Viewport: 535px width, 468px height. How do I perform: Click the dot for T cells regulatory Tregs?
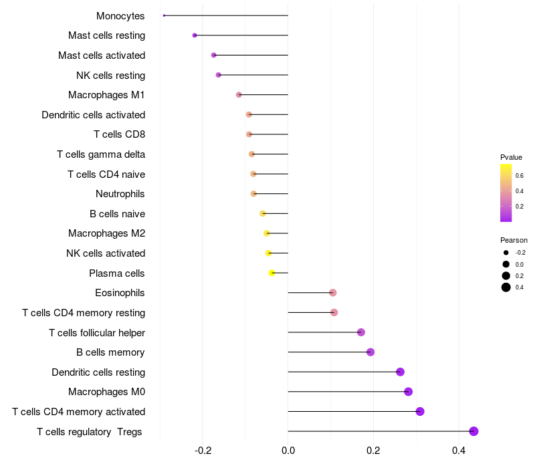point(473,431)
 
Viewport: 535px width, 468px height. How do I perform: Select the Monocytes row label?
point(120,15)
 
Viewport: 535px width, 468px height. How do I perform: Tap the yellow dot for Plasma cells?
point(272,273)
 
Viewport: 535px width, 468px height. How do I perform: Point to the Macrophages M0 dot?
point(408,392)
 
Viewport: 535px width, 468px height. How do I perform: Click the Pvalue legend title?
point(511,157)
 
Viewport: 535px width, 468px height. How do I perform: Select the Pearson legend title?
point(514,240)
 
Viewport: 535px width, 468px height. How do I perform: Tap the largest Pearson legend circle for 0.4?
point(506,287)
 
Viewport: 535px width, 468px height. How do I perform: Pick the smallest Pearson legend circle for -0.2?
point(506,253)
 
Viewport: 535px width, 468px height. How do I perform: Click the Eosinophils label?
point(120,293)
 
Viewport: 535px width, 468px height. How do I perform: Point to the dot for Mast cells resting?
point(195,35)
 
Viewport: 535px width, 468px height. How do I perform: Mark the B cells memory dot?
point(370,352)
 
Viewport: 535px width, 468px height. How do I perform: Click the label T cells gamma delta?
point(101,154)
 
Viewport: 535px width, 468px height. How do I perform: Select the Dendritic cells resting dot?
point(400,372)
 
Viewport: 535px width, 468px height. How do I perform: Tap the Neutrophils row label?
point(120,194)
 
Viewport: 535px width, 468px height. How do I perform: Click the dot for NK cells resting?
point(219,75)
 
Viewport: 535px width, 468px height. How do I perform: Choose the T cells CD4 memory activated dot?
point(420,411)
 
